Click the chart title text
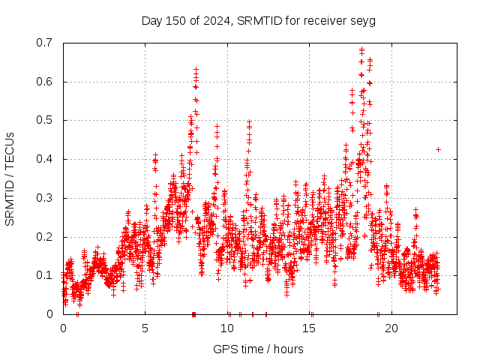[x=258, y=20]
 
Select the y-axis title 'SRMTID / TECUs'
[x=10, y=178]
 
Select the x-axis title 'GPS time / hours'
[x=258, y=349]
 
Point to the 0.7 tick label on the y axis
[x=46, y=43]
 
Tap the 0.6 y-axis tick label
[x=46, y=82]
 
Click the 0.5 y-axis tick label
[x=46, y=120]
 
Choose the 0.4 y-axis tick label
[x=46, y=159]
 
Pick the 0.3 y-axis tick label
[x=46, y=198]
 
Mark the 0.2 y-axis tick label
[x=46, y=237]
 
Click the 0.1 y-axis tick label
[x=46, y=275]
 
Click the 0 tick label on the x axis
[x=63, y=328]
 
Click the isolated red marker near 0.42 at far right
[x=438, y=149]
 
